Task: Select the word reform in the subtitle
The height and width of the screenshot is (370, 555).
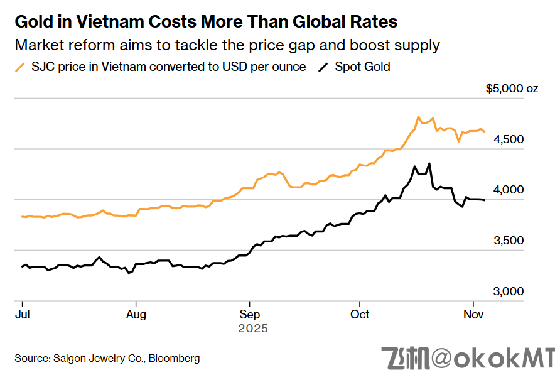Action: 82,45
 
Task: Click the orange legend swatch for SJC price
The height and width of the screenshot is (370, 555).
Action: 20,67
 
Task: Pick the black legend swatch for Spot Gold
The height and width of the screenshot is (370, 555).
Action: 324,67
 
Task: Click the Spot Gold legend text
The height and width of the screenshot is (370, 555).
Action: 362,67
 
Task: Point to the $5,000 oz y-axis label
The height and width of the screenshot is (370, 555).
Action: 512,89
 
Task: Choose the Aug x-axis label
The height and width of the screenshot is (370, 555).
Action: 136,313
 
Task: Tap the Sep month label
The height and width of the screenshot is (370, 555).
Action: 250,313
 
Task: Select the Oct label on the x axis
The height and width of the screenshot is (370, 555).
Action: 360,313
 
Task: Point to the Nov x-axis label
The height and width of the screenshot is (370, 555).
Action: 473,313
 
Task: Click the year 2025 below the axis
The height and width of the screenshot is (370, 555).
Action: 252,328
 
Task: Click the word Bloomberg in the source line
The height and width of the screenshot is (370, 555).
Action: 174,358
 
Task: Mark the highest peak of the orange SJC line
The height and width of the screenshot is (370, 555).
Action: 418,117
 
